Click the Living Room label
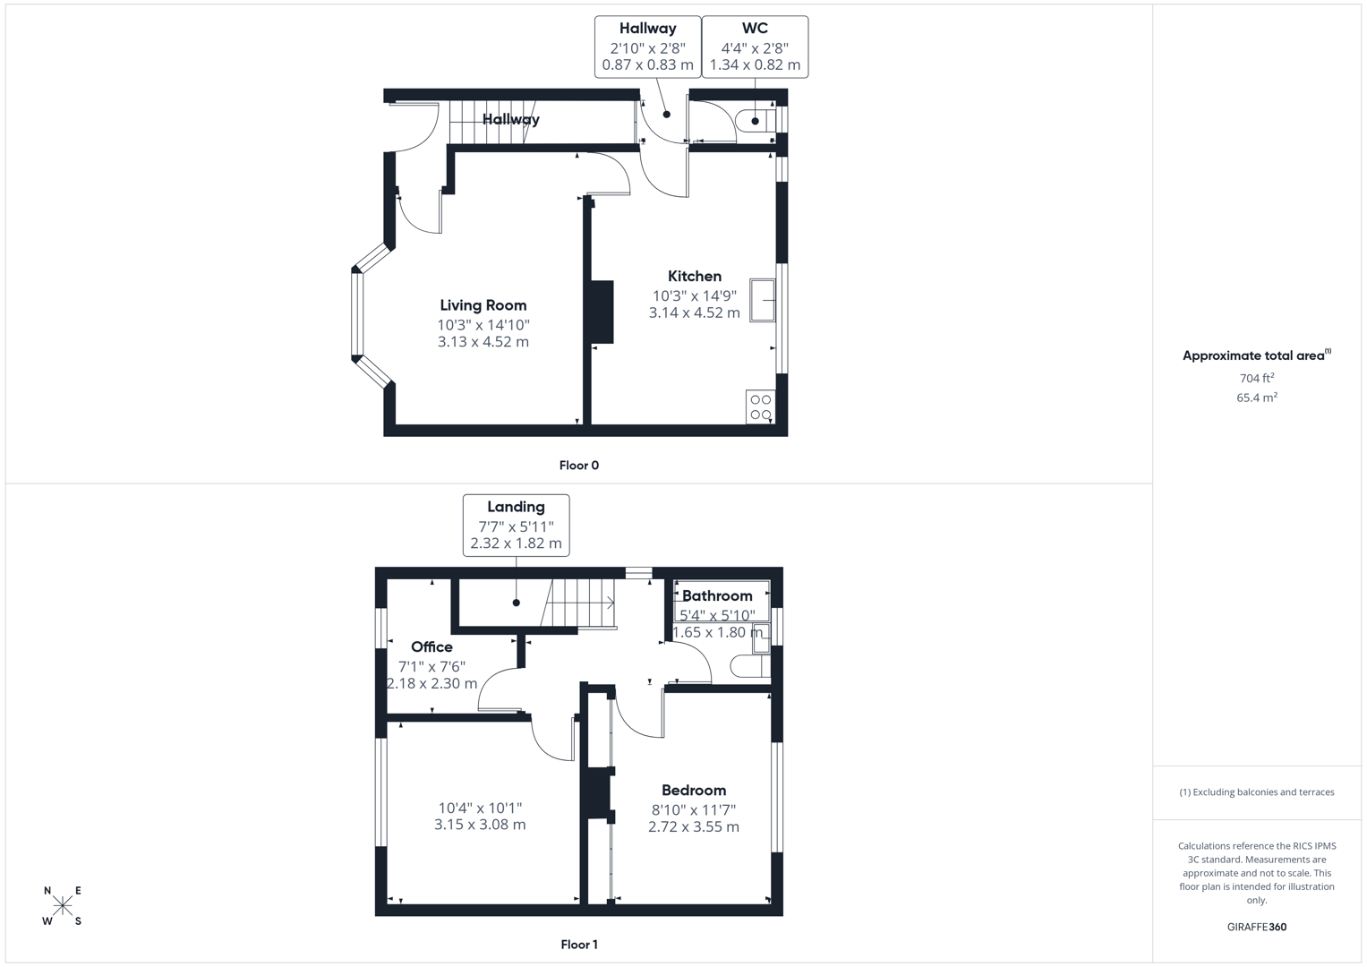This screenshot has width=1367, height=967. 483,305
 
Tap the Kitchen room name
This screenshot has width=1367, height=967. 694,276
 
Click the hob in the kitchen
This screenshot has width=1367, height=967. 760,407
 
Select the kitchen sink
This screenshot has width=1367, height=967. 763,300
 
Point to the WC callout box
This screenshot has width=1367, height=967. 755,47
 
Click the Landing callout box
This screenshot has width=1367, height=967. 516,525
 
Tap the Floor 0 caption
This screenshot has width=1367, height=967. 578,466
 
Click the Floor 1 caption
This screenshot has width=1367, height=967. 578,945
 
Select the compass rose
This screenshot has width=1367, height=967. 63,905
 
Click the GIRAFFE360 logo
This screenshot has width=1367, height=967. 1256,927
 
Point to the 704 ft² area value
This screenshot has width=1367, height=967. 1256,378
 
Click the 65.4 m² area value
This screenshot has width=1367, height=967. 1256,398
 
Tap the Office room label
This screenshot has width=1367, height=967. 431,646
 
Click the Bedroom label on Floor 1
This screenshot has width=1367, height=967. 693,790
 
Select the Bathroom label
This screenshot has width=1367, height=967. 717,595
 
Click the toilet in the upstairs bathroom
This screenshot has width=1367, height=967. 747,665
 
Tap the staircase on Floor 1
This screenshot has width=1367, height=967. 579,603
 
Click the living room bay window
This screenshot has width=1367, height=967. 358,313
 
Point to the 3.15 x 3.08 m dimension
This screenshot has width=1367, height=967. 480,825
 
